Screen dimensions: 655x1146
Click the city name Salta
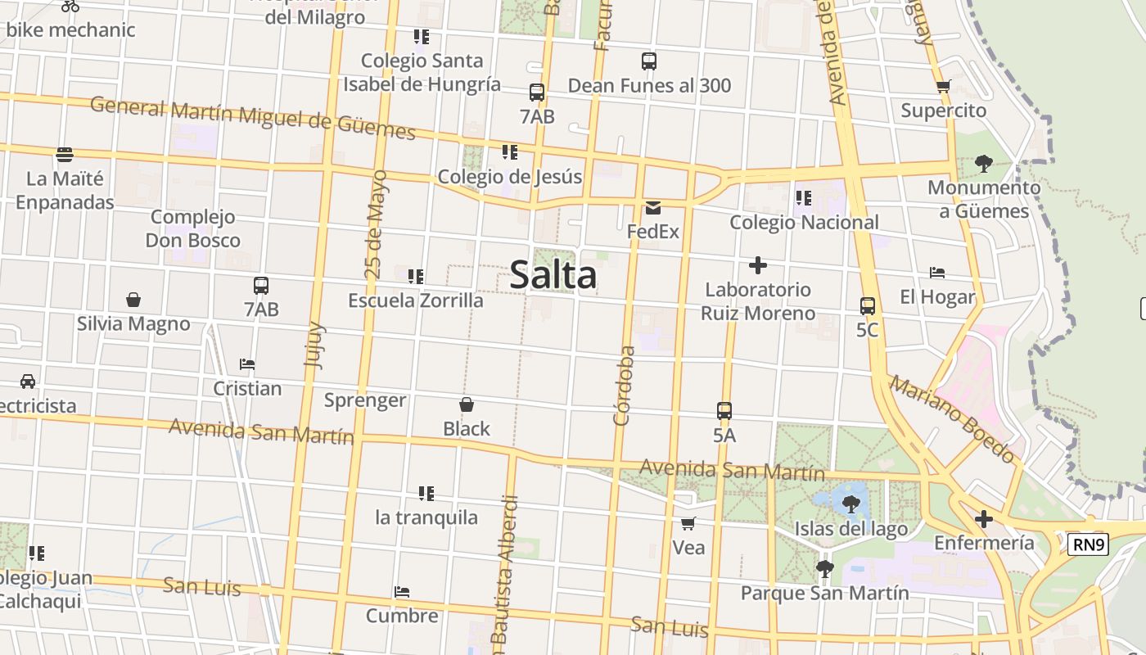553,275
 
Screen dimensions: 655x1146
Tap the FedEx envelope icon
653,208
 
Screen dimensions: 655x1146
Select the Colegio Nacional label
804,222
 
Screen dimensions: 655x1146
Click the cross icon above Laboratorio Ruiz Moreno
758,265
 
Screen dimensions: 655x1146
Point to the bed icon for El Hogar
937,273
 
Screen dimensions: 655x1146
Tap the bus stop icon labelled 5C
868,306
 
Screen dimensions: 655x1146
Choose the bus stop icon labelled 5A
724,411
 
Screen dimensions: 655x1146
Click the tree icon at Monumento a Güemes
984,164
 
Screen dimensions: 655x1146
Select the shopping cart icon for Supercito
943,87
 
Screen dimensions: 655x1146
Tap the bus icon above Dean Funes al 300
649,61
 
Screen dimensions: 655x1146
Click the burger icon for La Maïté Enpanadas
65,154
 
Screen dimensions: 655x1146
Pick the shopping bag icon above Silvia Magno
133,300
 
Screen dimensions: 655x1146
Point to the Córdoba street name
625,386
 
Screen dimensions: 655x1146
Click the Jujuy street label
314,346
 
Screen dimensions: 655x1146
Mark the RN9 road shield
1088,544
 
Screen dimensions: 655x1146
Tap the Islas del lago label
851,529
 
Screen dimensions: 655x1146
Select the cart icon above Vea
688,523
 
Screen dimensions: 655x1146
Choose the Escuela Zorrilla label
416,300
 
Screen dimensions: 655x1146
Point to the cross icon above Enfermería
984,519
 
